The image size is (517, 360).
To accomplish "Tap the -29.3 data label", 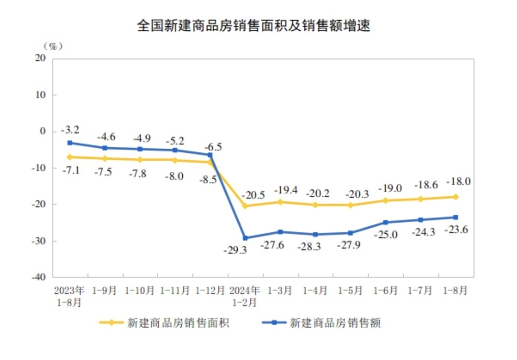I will [235, 250].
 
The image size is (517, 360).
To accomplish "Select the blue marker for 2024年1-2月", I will [245, 238].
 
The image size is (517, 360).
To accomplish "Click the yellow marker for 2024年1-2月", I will [245, 206].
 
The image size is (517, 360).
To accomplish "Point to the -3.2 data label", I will [70, 130].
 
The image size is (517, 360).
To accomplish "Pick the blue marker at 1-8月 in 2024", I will [455, 217].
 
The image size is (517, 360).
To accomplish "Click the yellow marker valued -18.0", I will [455, 197].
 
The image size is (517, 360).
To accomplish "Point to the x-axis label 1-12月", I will [210, 291].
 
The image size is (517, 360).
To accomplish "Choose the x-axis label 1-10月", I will [140, 291].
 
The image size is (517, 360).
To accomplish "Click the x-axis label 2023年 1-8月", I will [69, 297].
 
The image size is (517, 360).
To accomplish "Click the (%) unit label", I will [53, 46].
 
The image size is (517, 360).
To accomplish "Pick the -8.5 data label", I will [207, 180].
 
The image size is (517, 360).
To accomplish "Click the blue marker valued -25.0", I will [385, 222].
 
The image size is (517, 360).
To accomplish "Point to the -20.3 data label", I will [358, 194].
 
